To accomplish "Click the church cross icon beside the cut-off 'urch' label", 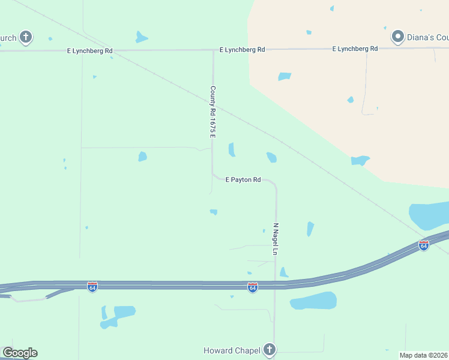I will pyautogui.click(x=25, y=38).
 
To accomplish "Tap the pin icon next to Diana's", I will pyautogui.click(x=397, y=37).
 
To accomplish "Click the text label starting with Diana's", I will pyautogui.click(x=428, y=37).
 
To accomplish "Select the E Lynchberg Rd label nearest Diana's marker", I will pyautogui.click(x=355, y=49).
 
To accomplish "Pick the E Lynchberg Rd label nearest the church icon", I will pyautogui.click(x=90, y=51).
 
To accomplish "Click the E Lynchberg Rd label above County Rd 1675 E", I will pyautogui.click(x=243, y=49).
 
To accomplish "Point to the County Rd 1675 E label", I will pyautogui.click(x=212, y=112).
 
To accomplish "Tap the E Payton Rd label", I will pyautogui.click(x=243, y=179).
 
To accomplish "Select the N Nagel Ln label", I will pyautogui.click(x=276, y=239).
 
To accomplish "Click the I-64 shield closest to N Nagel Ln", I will pyautogui.click(x=252, y=288).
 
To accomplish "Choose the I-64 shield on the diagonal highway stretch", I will pyautogui.click(x=424, y=245).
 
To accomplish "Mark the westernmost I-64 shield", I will pyautogui.click(x=92, y=287).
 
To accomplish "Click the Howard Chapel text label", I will pyautogui.click(x=231, y=350).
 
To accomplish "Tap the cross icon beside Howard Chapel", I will pyautogui.click(x=270, y=349).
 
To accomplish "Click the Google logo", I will pyautogui.click(x=20, y=353).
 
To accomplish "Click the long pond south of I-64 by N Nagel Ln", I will pyautogui.click(x=313, y=301).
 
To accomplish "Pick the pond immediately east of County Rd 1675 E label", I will pyautogui.click(x=232, y=149).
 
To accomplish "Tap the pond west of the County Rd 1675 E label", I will pyautogui.click(x=142, y=157).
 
